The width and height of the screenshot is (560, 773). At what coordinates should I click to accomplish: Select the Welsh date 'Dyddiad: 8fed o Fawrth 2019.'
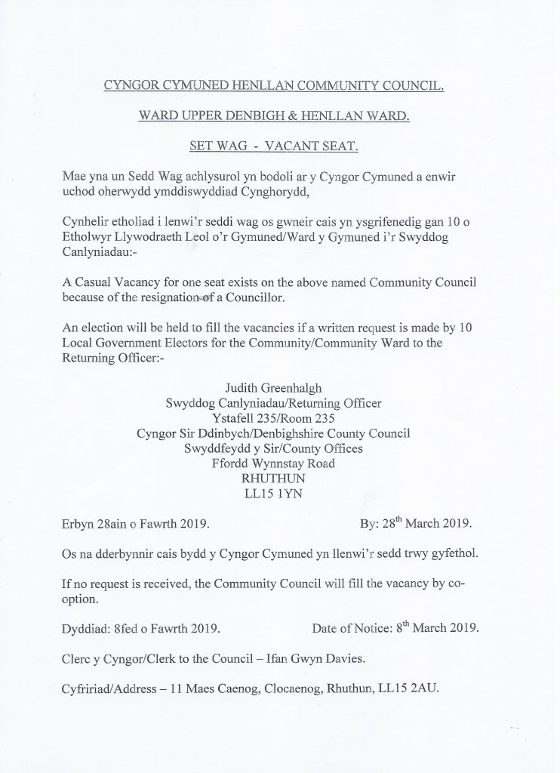click(142, 627)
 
